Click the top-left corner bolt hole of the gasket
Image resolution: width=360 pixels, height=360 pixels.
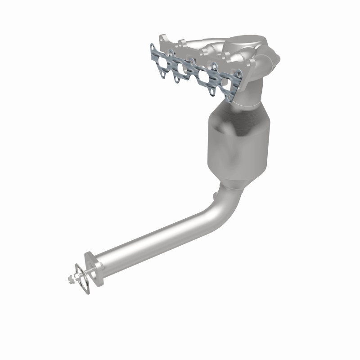pyautogui.click(x=153, y=46)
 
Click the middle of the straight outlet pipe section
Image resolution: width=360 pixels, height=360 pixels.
pyautogui.click(x=153, y=238)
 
